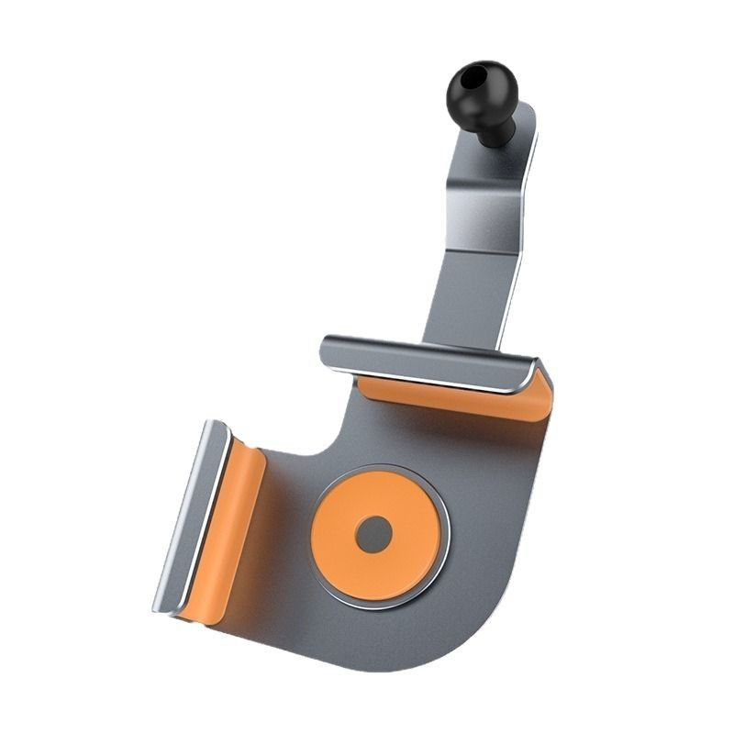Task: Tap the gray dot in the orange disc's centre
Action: point(373,534)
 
